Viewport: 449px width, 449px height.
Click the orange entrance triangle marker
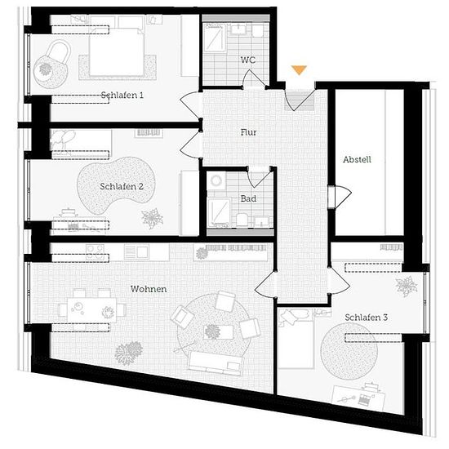tap(299, 70)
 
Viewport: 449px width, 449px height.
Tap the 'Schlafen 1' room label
tap(122, 95)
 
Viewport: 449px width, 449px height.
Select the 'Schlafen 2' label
tap(122, 186)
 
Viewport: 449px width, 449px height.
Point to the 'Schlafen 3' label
tap(367, 318)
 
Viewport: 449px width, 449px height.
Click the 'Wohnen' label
tap(149, 289)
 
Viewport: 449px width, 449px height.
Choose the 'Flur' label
tap(248, 132)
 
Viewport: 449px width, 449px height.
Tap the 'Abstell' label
tap(357, 159)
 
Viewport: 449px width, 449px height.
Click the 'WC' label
tap(248, 60)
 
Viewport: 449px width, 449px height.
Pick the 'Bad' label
tap(248, 198)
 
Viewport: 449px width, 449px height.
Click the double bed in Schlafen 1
tap(117, 52)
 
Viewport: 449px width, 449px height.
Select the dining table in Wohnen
tap(92, 310)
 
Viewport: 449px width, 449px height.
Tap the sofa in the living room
tap(216, 362)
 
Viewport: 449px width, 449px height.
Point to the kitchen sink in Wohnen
tap(136, 252)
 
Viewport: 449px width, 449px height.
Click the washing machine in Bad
tap(216, 180)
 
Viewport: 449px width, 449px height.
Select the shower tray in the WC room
tap(215, 38)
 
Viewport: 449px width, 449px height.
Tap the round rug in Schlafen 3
tap(349, 351)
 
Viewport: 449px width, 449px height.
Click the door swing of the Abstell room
tap(344, 197)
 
